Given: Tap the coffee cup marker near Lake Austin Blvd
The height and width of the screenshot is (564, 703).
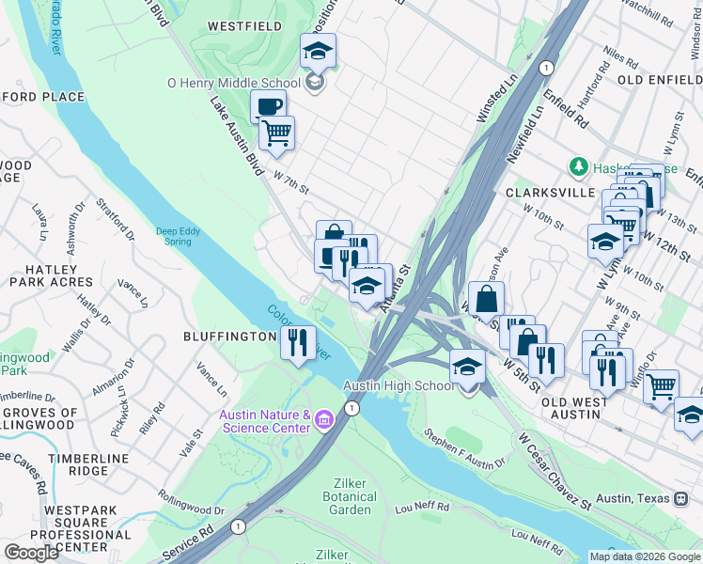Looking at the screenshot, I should coord(268,106).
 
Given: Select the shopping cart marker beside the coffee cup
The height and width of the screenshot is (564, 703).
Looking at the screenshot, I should coord(276,133).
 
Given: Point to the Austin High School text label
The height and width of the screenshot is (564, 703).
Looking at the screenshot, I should coord(398,386).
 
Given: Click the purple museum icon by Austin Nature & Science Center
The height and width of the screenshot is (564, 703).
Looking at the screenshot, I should coord(324,417).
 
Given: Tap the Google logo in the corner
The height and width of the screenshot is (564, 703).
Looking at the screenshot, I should coord(31,552).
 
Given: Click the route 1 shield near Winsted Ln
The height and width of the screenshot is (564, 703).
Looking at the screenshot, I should coord(546,67).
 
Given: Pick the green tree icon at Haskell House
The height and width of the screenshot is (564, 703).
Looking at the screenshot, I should coord(579,167).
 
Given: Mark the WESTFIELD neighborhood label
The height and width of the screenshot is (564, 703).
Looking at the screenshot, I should coord(243,26).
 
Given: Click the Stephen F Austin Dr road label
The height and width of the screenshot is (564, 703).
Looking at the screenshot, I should coord(464,447).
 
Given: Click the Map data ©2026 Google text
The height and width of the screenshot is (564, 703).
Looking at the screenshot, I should coord(644,556).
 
